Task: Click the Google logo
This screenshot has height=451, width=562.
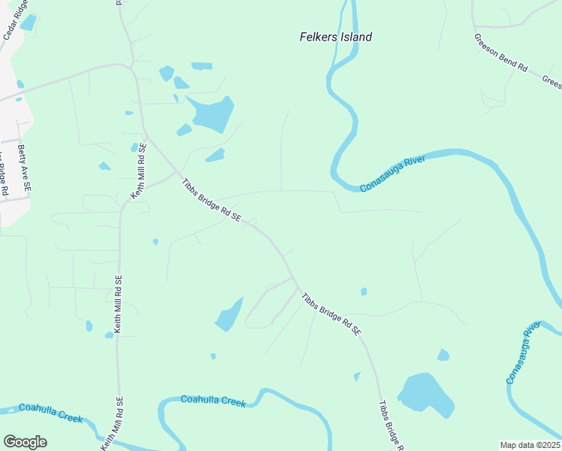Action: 25,442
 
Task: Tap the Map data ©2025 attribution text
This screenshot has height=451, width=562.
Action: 529,445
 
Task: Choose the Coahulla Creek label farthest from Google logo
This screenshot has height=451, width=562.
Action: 213,401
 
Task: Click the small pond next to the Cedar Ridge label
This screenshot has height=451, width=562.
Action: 28,23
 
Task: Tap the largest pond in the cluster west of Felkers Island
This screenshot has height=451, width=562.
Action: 213,114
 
